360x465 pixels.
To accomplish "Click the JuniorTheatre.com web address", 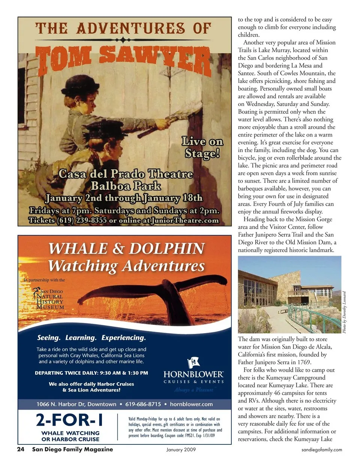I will click(x=184, y=220).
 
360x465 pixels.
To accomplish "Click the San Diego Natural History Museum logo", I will click(x=49, y=299).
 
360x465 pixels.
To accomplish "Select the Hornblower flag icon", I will click(x=193, y=363).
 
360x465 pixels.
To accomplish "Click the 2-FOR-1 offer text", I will click(x=70, y=420).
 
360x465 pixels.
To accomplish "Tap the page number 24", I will click(x=21, y=449).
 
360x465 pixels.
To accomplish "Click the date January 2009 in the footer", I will click(x=181, y=450).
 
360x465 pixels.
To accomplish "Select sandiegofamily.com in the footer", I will click(x=321, y=450).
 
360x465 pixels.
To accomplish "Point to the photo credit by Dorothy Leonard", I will click(x=344, y=312).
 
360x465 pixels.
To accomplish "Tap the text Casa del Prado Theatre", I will click(x=126, y=174).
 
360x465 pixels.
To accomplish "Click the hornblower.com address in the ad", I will click(x=191, y=404).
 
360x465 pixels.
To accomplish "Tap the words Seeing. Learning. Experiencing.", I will click(x=91, y=338).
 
